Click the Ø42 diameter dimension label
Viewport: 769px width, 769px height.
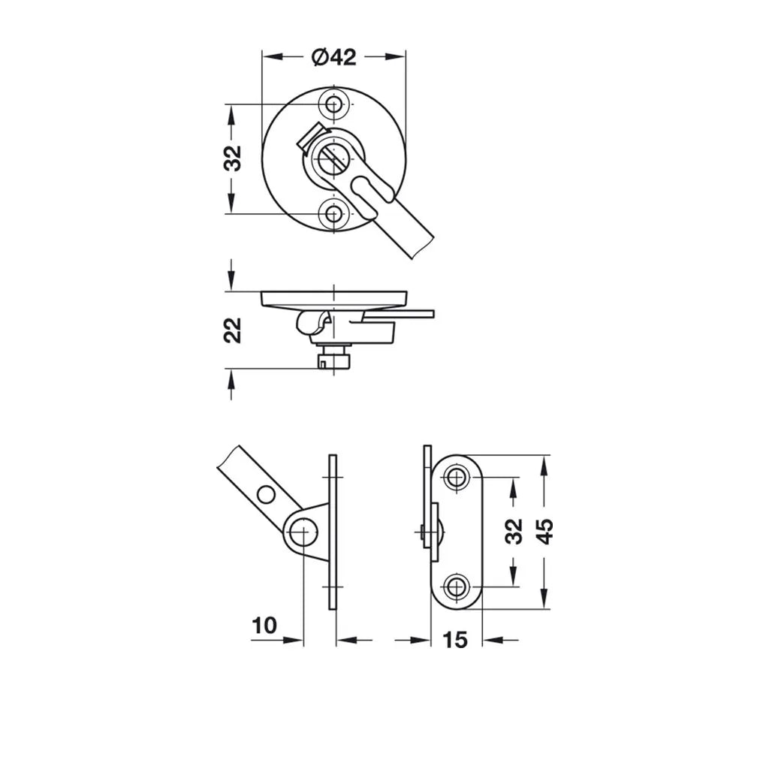click(334, 57)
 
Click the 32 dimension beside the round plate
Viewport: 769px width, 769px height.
click(234, 158)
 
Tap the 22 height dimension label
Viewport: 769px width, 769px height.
click(233, 330)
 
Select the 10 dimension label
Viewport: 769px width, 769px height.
click(264, 626)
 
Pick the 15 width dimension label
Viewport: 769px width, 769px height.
click(455, 640)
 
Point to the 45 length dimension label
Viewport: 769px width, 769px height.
click(544, 532)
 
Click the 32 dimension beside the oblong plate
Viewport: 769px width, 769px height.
click(514, 531)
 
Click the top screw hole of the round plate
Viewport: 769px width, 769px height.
click(334, 104)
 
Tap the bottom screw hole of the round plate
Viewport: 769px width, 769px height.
click(334, 214)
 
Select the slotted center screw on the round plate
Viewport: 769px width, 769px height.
click(333, 158)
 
